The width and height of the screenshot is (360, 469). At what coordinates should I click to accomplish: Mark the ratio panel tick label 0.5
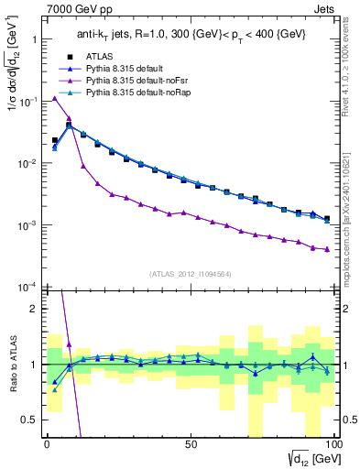click(29, 419)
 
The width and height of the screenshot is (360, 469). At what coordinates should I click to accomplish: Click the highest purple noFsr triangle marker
click(55, 98)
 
